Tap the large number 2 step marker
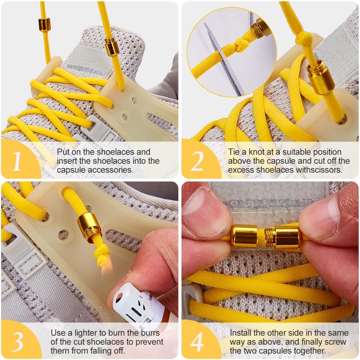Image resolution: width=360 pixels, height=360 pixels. [x=197, y=161]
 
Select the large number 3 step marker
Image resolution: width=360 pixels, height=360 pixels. [x=18, y=342]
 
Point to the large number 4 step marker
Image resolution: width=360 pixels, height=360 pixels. [x=197, y=342]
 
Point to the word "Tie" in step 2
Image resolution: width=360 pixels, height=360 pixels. [x=234, y=152]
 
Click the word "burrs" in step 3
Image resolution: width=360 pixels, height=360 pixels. [x=150, y=333]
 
